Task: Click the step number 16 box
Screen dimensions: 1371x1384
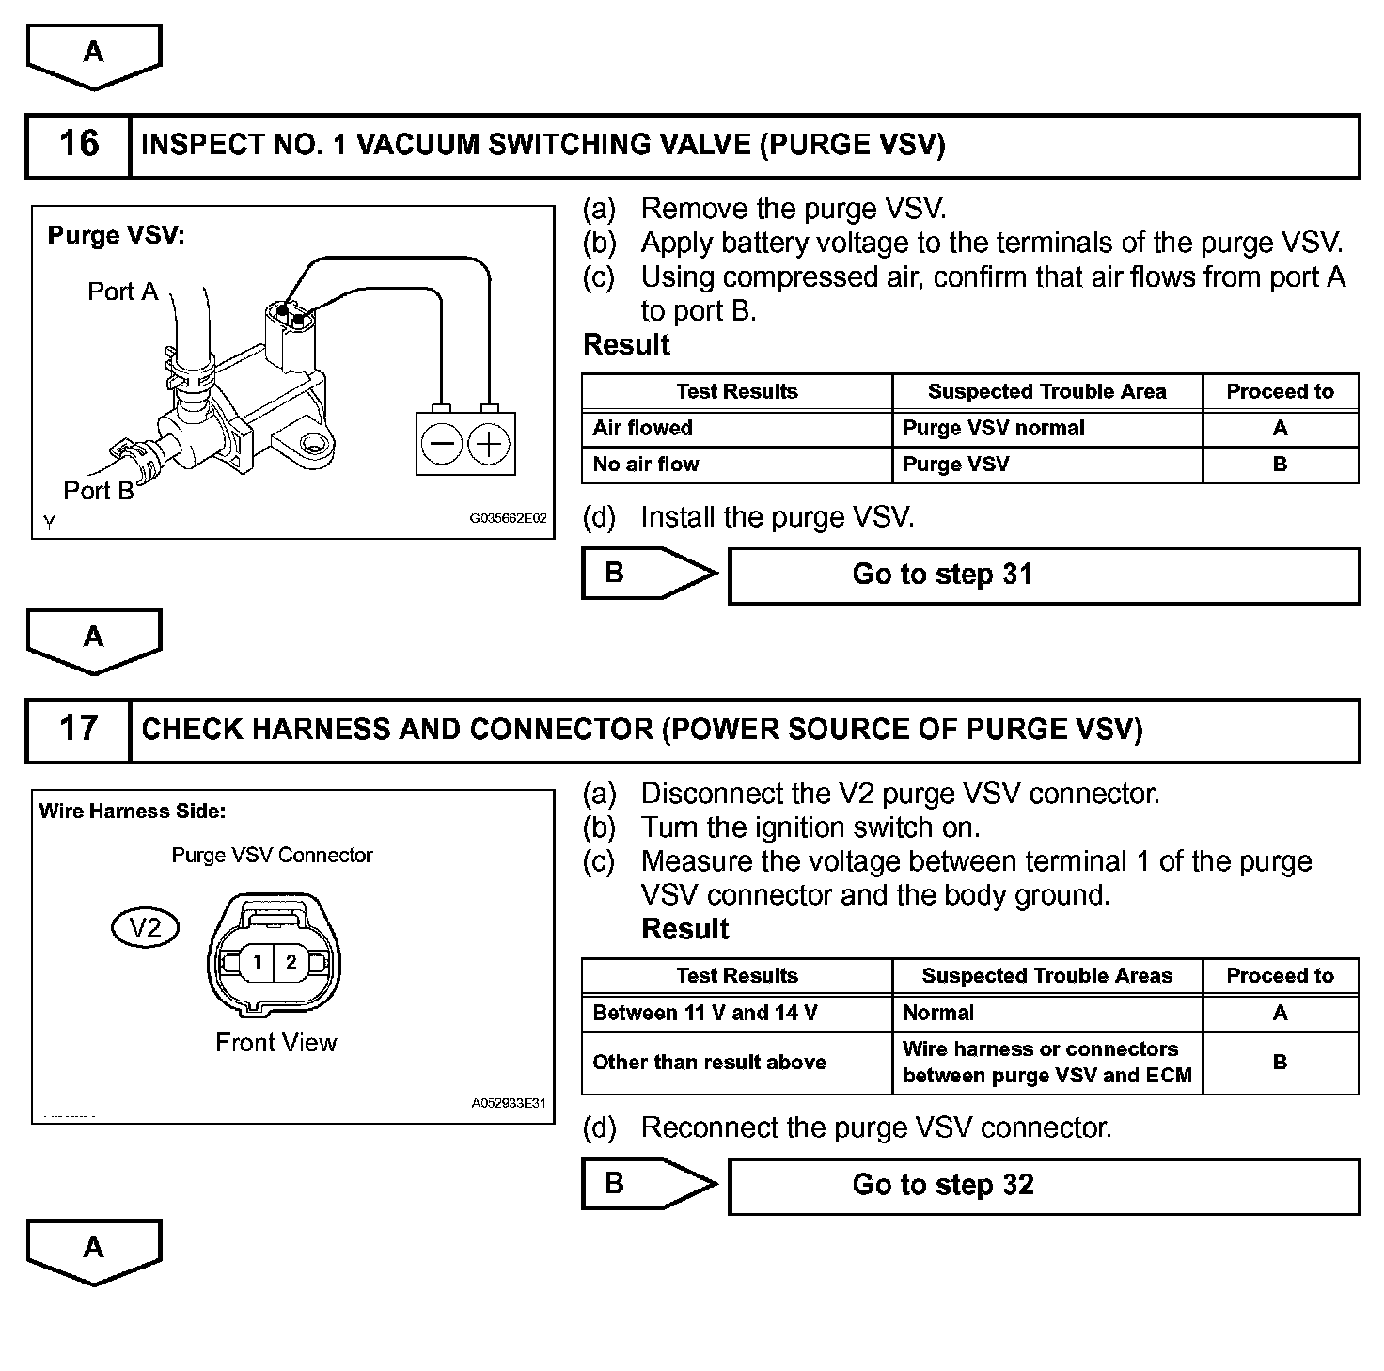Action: coord(78,146)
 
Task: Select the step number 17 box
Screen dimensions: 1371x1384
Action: coord(78,730)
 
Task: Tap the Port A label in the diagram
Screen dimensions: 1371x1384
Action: coord(122,292)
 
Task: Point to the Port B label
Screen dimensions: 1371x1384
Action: coord(98,491)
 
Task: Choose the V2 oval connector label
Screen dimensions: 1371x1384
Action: coord(145,929)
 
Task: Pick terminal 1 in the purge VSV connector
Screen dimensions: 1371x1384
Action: coord(256,962)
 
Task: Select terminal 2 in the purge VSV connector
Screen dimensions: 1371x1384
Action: coord(291,962)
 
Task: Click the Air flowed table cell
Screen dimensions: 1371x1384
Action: coord(736,429)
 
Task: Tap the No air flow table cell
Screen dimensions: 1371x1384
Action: coord(736,465)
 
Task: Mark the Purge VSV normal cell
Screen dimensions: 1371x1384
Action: coord(1046,429)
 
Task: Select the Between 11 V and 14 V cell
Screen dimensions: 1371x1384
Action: coord(736,1014)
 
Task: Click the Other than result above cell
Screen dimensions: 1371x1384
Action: coord(736,1063)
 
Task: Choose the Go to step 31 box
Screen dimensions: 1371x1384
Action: coord(1044,575)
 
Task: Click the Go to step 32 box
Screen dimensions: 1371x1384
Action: coord(1044,1185)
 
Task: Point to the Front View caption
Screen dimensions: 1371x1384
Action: coord(275,1043)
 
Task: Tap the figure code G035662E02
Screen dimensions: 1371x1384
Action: coord(508,518)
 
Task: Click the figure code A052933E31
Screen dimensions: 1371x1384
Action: coord(508,1103)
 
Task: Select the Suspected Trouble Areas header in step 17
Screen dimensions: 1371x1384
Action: coord(1046,976)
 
